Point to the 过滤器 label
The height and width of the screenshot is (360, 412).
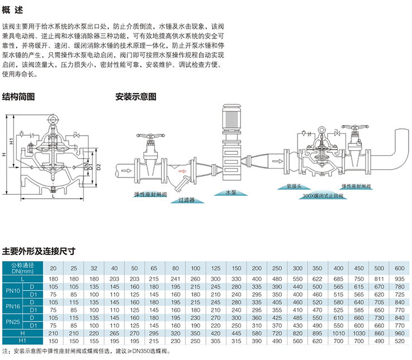point(186,199)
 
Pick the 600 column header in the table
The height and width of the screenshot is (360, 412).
point(399,267)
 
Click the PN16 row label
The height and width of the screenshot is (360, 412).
point(12,306)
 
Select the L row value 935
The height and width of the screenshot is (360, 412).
point(399,278)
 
